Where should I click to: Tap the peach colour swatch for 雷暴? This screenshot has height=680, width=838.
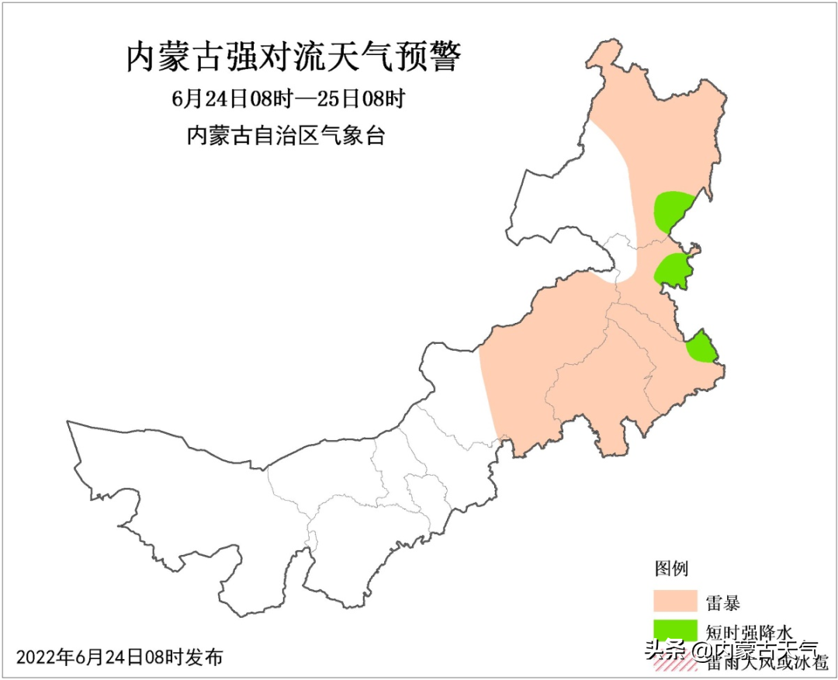674,600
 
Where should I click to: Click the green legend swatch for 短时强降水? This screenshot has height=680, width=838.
674,630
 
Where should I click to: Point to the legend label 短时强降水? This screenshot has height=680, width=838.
750,630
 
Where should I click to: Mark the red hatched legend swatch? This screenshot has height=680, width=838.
674,661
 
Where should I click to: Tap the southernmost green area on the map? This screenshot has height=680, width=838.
701,347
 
